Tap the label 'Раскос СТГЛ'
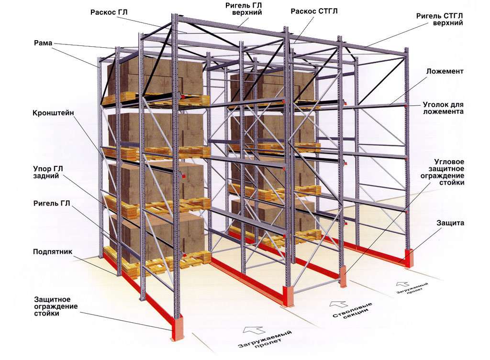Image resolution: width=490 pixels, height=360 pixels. click(314, 11)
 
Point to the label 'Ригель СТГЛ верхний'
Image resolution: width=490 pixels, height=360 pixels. click(440, 19)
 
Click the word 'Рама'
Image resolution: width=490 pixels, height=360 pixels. click(43, 43)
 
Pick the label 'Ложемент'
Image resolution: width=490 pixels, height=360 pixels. click(445, 71)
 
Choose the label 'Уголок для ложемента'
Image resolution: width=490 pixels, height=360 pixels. click(443, 108)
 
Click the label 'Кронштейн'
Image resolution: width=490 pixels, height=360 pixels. click(53, 113)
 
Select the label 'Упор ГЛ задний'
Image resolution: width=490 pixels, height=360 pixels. click(48, 172)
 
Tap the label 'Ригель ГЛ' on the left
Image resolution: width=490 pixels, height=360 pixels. click(52, 204)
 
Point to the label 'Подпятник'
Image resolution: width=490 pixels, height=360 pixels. click(53, 251)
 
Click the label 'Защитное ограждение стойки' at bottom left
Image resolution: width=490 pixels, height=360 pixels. click(56, 306)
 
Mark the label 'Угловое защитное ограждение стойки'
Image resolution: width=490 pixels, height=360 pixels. click(442, 172)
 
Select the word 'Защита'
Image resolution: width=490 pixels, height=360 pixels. click(450, 223)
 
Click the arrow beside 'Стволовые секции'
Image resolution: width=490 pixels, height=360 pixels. click(338, 304)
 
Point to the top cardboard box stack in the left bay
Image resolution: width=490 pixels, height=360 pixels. click(156, 78)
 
